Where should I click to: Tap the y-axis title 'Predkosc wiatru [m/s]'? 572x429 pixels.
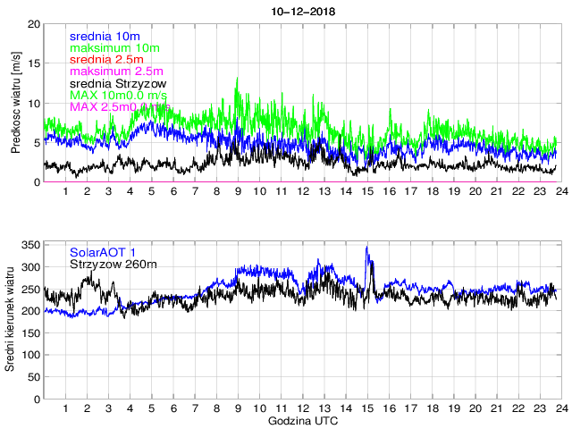point(16,102)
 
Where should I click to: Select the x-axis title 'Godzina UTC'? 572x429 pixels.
point(303,420)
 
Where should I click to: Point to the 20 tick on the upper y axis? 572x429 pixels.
point(34,23)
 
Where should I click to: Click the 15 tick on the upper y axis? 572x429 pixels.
point(34,63)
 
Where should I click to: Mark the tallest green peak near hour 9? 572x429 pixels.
point(237,78)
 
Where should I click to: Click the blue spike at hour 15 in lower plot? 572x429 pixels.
point(366,248)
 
